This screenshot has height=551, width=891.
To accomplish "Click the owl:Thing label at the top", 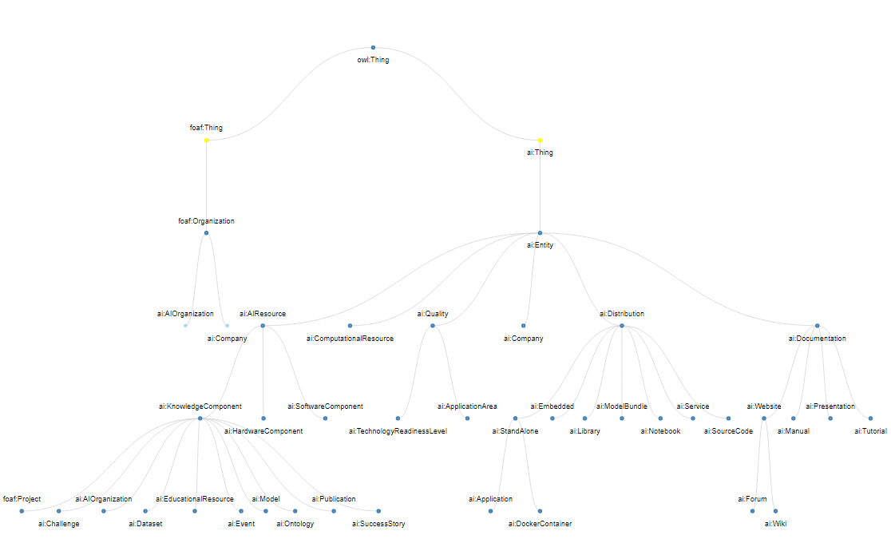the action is [x=373, y=60].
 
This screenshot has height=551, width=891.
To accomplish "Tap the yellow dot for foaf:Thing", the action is [x=206, y=141].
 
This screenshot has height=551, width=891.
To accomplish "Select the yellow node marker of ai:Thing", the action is [x=540, y=141].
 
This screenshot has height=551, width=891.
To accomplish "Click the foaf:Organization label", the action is [x=206, y=221].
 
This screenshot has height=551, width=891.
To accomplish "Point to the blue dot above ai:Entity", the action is [x=540, y=233].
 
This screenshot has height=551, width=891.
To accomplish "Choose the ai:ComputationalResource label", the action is [x=350, y=339].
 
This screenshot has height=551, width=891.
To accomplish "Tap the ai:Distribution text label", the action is [x=622, y=314].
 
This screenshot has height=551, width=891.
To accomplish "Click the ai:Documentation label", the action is [x=817, y=339].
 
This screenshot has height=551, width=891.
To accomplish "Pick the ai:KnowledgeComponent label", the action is [x=200, y=406].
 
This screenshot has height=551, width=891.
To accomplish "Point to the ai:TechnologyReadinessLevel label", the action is [x=398, y=431].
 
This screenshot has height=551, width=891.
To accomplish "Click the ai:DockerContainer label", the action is [x=540, y=524].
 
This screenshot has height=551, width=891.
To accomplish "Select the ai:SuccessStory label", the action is [x=378, y=524].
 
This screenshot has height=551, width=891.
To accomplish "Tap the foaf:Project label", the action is [x=22, y=499].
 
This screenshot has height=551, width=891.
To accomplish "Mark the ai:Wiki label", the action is [x=774, y=524].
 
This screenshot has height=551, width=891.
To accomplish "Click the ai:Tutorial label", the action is [x=870, y=431].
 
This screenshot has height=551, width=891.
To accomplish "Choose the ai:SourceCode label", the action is [x=728, y=431].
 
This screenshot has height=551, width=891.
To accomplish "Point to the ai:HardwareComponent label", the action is [x=263, y=431].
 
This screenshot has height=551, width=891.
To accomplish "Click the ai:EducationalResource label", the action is [x=194, y=499].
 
